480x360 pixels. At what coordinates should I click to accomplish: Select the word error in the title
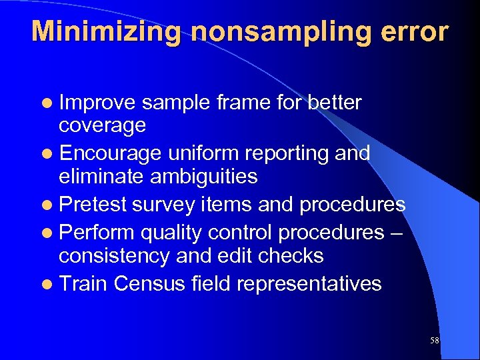point(417,32)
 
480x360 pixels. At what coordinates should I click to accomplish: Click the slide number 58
point(435,341)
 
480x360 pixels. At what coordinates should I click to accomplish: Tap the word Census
point(151,284)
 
